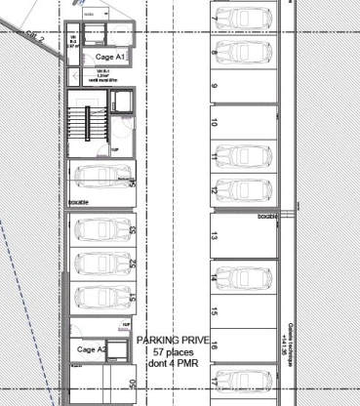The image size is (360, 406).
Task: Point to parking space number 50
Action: click(133, 384)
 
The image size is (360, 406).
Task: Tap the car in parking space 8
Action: click(242, 49)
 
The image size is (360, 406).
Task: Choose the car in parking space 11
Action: click(242, 156)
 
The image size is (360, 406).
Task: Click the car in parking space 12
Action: click(242, 188)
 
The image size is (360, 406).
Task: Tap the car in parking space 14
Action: click(242, 277)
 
